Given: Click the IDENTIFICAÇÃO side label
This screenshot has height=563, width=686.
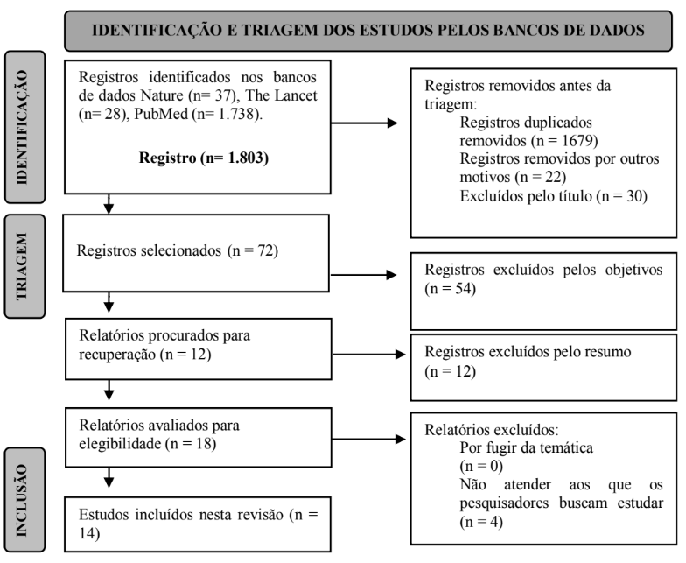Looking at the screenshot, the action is [x=23, y=128].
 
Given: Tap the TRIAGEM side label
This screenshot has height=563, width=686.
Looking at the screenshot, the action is [x=23, y=266].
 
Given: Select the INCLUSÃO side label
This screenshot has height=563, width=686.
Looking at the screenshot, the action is [x=23, y=500].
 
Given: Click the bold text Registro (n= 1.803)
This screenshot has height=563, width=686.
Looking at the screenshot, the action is [x=204, y=158].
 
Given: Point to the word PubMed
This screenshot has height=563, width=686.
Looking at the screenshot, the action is [x=161, y=114].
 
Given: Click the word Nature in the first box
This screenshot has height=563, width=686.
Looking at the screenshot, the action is [x=162, y=95].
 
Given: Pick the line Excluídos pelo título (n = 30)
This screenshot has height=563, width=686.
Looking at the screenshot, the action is [x=553, y=196].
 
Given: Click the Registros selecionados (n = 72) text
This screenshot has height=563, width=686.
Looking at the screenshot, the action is [x=177, y=250].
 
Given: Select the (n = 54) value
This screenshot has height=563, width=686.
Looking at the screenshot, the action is [x=450, y=289].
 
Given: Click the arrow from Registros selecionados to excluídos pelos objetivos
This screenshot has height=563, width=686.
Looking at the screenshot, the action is [x=364, y=275].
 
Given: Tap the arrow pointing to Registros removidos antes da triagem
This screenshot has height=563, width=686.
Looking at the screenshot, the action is [x=364, y=123].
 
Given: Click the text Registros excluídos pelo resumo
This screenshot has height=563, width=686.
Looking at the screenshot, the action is [x=528, y=352].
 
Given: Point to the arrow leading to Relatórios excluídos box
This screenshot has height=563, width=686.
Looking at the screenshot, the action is [x=369, y=439].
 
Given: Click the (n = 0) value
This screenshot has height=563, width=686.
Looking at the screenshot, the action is [x=481, y=466].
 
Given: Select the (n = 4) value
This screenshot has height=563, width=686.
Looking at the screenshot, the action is [x=481, y=522].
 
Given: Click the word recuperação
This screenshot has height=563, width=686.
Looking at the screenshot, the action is [x=117, y=355].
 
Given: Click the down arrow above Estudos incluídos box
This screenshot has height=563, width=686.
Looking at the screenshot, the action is [x=108, y=478].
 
